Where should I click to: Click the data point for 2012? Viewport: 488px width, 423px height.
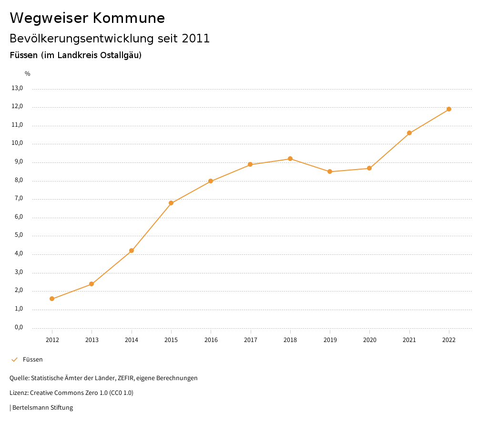coord(52,299)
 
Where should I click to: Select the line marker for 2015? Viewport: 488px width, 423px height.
coord(171,203)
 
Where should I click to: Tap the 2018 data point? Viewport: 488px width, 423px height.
coord(290,159)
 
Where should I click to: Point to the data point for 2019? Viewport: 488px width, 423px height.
coord(330,171)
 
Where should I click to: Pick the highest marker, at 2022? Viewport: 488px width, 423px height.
coord(449,109)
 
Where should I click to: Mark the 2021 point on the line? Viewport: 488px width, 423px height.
coord(409,133)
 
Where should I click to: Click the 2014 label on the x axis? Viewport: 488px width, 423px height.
coord(132,340)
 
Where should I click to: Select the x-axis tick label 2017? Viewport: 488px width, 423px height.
coord(251,340)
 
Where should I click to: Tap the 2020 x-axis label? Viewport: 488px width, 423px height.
coord(370,340)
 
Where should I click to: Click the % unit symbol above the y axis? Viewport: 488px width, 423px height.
coord(28,73)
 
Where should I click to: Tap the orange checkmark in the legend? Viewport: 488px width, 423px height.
coord(14,359)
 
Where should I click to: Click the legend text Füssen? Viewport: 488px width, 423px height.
coord(33,359)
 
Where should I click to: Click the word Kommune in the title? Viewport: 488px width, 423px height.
coord(129,18)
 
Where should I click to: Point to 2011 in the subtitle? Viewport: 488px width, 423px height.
coord(196,38)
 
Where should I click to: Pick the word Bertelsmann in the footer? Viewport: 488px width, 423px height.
coord(31,407)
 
